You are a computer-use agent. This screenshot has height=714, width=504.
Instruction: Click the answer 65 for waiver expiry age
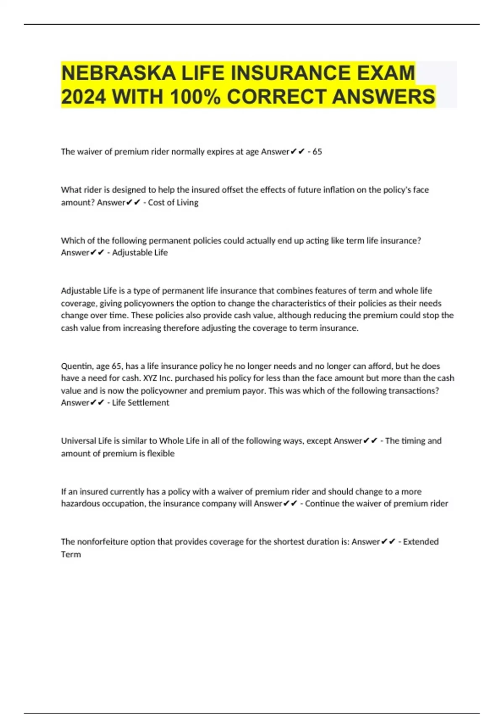tap(317, 152)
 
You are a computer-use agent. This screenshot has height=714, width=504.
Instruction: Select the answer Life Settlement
tap(140, 403)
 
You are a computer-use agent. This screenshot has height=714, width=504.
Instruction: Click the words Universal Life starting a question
tap(86, 441)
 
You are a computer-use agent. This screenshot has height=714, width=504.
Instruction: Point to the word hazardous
tap(79, 504)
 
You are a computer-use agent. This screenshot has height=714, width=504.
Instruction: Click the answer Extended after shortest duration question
tap(420, 542)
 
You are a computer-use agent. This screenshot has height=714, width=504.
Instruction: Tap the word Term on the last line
tap(71, 554)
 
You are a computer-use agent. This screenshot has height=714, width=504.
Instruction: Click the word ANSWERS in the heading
tap(383, 97)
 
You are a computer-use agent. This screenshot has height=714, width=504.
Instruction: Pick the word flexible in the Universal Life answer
tap(160, 454)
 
